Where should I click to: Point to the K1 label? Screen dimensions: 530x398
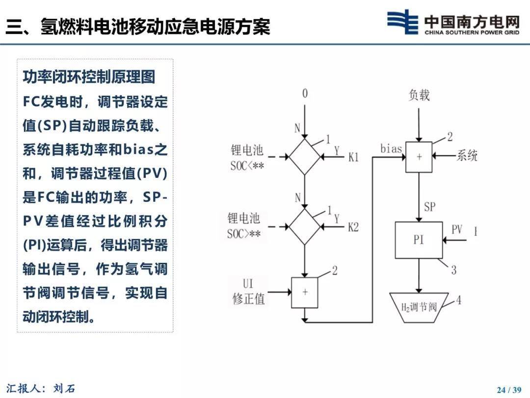click(353, 157)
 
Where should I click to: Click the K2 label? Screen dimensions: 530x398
click(353, 227)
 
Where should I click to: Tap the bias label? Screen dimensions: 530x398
click(391, 148)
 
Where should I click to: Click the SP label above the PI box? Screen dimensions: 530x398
click(429, 206)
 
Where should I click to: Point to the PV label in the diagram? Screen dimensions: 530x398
click(457, 229)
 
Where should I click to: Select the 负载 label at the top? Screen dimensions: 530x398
click(419, 95)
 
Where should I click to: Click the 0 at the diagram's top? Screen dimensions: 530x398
click(305, 93)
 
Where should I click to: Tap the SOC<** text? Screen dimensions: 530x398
click(247, 166)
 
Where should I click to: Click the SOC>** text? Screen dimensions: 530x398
click(244, 233)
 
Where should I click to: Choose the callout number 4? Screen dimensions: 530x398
click(458, 300)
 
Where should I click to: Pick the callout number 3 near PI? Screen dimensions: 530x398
click(453, 270)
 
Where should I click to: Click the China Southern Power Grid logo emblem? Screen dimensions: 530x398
click(402, 22)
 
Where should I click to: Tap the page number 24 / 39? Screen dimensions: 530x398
click(509, 390)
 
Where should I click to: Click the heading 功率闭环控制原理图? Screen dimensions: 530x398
click(89, 77)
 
